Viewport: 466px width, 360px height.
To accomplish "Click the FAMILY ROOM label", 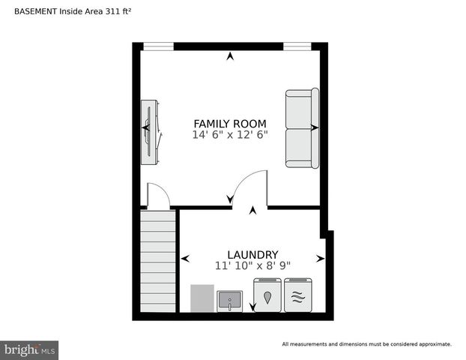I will coord(230,124).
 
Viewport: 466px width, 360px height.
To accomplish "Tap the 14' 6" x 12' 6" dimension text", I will coord(230,135).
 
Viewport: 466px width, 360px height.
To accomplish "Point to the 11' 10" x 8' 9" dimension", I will coord(252,265).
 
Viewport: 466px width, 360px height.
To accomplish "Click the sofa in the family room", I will coord(301,128).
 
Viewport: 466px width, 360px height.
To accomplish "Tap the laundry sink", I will coord(229,301).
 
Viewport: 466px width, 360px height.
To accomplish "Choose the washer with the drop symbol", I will coord(267,295).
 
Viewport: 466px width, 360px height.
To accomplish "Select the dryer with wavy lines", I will coord(297,295).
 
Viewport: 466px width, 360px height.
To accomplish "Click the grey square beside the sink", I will coord(202,298).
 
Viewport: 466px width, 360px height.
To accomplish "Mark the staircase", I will coord(157,261).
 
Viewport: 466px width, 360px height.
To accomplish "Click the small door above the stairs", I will coord(158,196).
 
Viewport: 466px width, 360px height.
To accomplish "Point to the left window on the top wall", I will coord(158,46).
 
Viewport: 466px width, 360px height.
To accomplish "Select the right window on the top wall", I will coord(297,46).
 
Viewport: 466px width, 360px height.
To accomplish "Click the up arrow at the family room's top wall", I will coord(230,55).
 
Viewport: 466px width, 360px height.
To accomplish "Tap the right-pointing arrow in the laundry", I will coord(320,259).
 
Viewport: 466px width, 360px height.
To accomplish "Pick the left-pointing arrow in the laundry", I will coord(185,259).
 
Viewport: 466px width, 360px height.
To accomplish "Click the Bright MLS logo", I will coord(29,349).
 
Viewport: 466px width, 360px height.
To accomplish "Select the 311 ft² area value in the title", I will coord(109,11).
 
